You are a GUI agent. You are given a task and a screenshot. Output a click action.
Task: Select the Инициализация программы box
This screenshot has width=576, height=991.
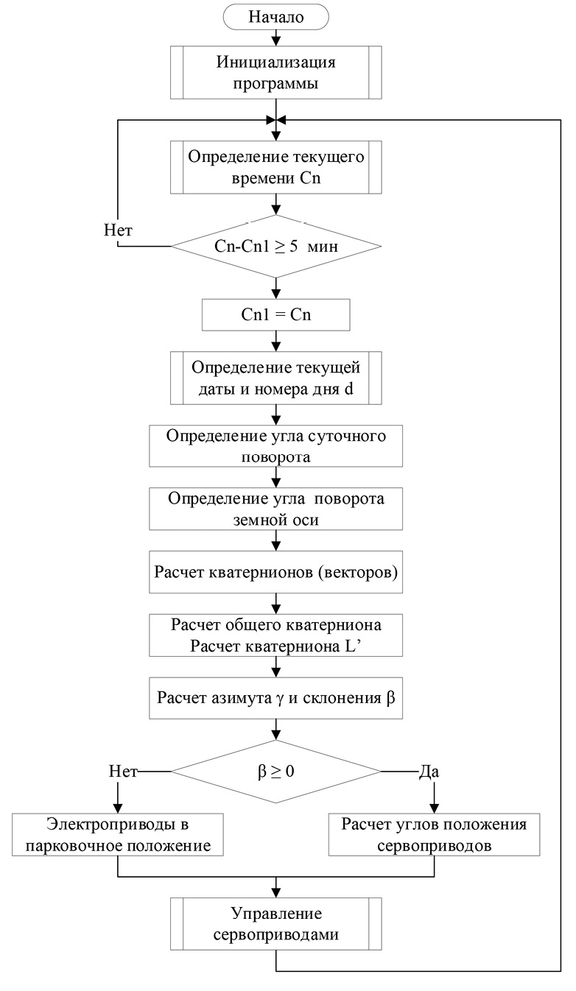tap(275, 71)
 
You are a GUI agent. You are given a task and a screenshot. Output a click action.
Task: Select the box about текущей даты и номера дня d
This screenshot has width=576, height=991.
tap(275, 379)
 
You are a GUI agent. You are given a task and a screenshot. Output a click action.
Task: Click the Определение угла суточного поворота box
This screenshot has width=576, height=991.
tap(275, 445)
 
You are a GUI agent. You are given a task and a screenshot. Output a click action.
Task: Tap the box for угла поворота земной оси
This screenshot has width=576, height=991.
tap(275, 508)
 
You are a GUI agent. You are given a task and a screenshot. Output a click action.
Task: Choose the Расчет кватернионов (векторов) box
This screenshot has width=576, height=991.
tap(275, 571)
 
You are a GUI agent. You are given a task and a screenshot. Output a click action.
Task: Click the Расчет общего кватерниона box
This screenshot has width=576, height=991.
tap(275, 635)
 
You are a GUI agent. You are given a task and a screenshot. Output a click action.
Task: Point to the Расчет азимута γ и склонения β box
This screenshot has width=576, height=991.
tap(275, 696)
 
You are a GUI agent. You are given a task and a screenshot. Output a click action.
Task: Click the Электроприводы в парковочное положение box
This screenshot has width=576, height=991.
tap(118, 834)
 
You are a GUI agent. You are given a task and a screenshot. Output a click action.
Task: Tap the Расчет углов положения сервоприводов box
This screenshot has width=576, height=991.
tap(434, 834)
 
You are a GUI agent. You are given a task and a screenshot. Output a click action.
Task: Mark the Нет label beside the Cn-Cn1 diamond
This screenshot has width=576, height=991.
tap(118, 230)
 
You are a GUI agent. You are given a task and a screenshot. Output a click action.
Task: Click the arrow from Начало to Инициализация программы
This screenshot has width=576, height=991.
tap(275, 36)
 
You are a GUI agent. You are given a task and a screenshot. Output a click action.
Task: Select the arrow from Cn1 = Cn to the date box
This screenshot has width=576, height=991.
tap(275, 340)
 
